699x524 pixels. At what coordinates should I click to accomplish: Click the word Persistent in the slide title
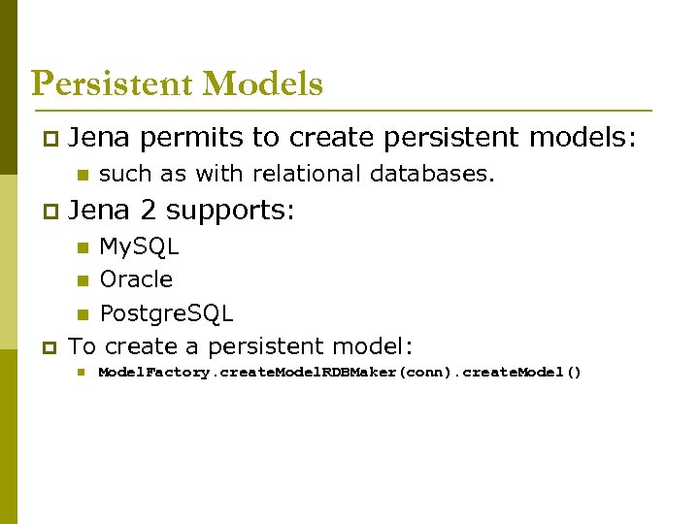coord(113,84)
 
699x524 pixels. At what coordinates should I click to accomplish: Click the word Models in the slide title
coord(263,84)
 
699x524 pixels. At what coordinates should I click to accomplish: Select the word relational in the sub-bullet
coord(303,174)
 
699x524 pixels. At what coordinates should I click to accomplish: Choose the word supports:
coord(230,211)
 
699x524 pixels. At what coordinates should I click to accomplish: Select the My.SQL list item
coord(139,246)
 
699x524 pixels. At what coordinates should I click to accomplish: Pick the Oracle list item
coord(136,279)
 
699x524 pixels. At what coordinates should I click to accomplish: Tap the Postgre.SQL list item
coord(166,313)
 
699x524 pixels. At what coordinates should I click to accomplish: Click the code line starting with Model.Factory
coord(340,373)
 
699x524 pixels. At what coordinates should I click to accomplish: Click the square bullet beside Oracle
coord(83,281)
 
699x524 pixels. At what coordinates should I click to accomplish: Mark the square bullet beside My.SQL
coord(83,247)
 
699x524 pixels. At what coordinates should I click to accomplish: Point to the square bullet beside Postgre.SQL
coord(83,314)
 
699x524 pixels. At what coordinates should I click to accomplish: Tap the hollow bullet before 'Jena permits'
coord(50,141)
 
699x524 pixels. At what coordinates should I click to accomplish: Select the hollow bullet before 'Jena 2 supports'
coord(50,212)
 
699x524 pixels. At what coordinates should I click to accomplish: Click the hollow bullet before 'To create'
coord(50,347)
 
